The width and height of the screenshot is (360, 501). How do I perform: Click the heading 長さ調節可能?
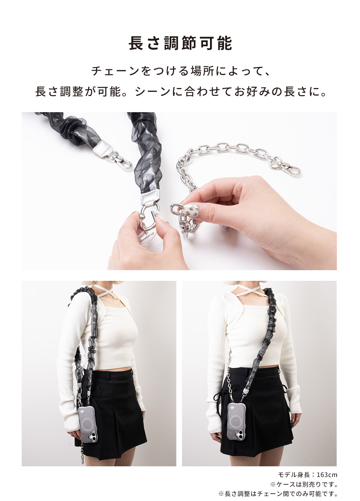pos(180,43)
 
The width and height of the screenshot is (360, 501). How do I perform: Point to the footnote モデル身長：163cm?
pos(307,474)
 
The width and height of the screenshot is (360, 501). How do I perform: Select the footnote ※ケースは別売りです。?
pos(304,484)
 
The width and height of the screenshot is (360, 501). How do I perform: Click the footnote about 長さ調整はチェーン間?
pos(278,494)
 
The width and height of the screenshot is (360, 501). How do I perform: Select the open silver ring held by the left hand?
pos(148,217)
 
